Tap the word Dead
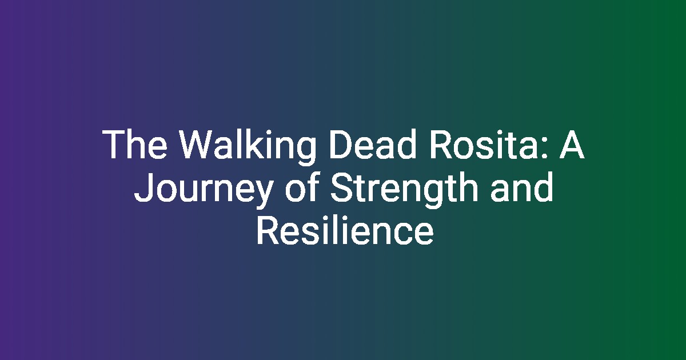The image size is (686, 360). coord(373,144)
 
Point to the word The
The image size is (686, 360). coord(135,144)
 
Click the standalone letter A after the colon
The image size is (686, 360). coord(572,144)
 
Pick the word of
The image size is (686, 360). coord(302,187)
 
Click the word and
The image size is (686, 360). coord(521,187)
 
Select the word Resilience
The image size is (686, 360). coord(345,230)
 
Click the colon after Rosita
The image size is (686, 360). coord(544,148)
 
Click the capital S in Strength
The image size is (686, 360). coord(342,187)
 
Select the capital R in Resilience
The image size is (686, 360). coord(268,230)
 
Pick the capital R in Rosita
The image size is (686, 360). coord(441,144)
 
